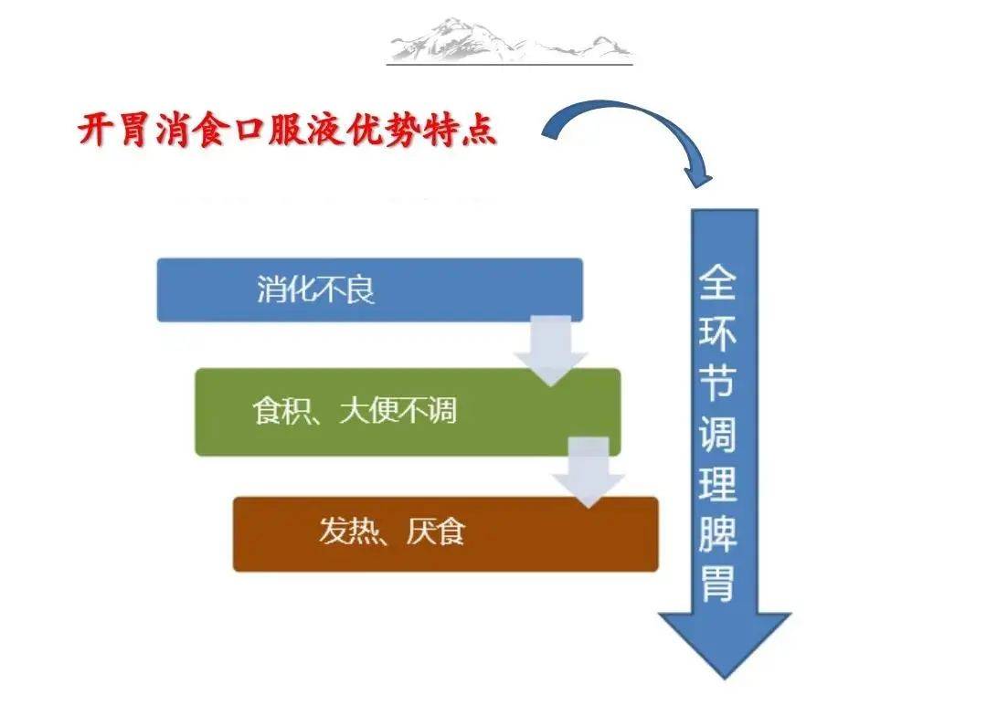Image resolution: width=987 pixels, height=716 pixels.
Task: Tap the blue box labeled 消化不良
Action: click(369, 290)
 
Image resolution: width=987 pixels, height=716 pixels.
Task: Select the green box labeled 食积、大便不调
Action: click(408, 412)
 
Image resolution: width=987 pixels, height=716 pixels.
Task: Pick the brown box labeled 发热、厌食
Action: click(446, 534)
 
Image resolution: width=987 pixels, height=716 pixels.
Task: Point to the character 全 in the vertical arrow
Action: click(717, 282)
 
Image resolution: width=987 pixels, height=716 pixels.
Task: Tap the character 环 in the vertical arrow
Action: click(717, 332)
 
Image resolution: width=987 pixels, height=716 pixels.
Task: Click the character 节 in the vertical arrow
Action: click(717, 383)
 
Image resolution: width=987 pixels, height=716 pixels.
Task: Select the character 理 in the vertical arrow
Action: click(717, 483)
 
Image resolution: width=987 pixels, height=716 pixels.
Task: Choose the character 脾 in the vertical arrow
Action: click(717, 533)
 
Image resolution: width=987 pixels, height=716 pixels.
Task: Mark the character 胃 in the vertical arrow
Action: click(717, 584)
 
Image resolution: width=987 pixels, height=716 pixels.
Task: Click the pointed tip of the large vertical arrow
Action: click(725, 679)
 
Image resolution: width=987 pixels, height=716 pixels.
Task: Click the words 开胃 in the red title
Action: click(113, 131)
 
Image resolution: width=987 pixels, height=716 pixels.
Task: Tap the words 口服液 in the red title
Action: click(288, 131)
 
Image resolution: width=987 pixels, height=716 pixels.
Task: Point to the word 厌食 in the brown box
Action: click(436, 532)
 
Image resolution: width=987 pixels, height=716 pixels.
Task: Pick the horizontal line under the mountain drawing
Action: click(510, 64)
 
